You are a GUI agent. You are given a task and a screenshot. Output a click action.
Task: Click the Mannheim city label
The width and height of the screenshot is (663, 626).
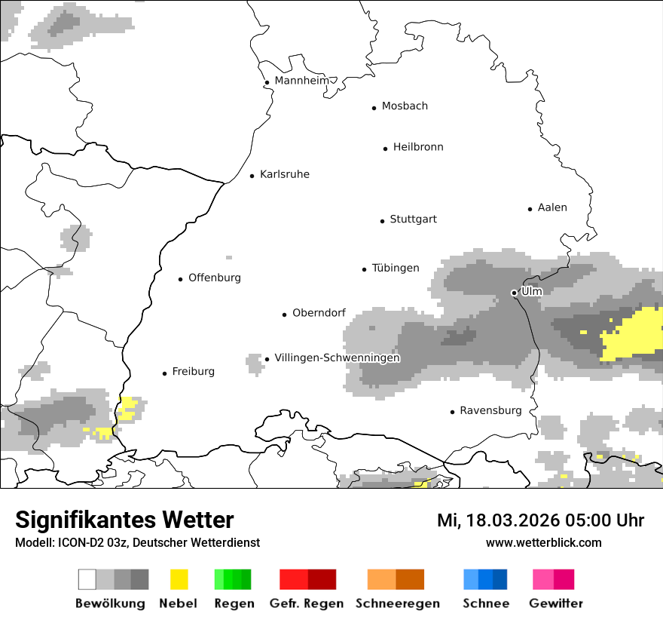click(x=301, y=81)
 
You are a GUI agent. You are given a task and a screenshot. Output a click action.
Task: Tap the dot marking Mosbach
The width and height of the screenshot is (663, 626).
click(x=374, y=108)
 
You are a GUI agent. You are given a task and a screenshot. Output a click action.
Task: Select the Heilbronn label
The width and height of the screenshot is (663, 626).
click(x=418, y=147)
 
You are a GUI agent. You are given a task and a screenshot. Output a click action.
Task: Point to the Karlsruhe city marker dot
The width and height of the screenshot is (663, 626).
click(x=252, y=176)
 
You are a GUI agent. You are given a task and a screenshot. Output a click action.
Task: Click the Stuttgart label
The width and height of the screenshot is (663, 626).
click(x=413, y=219)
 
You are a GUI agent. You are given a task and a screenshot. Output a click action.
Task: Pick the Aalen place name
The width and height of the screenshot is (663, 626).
click(x=552, y=207)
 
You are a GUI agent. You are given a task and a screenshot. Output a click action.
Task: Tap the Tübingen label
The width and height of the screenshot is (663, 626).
click(x=396, y=269)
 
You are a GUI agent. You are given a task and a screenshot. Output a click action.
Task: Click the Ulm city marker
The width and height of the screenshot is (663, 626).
click(x=514, y=293)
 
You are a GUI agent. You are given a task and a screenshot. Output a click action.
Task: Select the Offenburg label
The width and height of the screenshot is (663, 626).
click(x=215, y=278)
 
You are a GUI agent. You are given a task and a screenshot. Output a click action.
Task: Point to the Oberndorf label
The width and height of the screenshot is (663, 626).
click(x=319, y=313)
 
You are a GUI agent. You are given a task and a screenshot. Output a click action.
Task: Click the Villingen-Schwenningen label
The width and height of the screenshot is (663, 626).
click(x=337, y=357)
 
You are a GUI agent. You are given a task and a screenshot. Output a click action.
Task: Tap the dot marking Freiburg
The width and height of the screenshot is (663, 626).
click(x=164, y=373)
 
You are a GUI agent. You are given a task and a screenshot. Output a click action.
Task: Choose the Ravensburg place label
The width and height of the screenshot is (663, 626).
click(x=490, y=411)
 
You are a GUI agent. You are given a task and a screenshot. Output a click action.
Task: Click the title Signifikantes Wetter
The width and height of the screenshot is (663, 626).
click(x=124, y=520)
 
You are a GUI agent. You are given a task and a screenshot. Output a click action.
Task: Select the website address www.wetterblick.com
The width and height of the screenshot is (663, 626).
click(x=543, y=542)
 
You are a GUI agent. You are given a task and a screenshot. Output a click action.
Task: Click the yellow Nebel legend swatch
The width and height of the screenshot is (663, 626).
click(x=179, y=579)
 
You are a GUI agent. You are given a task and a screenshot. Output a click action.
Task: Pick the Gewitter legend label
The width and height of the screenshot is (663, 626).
click(x=555, y=603)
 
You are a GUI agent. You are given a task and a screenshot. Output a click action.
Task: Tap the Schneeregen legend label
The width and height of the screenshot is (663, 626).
click(x=397, y=603)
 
